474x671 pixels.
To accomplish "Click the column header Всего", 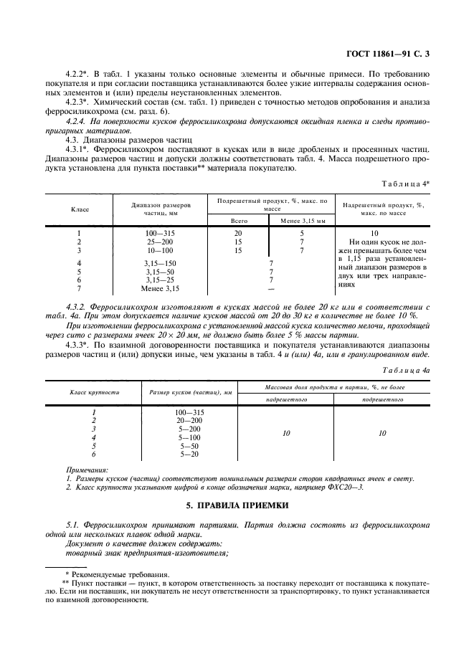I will (238, 221).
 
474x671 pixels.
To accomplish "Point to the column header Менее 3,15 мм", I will (302, 221).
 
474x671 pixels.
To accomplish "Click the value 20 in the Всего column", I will (238, 234).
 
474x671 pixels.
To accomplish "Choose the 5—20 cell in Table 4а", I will (189, 454).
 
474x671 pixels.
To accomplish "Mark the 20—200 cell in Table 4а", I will (189, 421).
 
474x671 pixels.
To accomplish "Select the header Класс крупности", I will (94, 392).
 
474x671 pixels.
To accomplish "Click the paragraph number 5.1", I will (72, 525).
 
